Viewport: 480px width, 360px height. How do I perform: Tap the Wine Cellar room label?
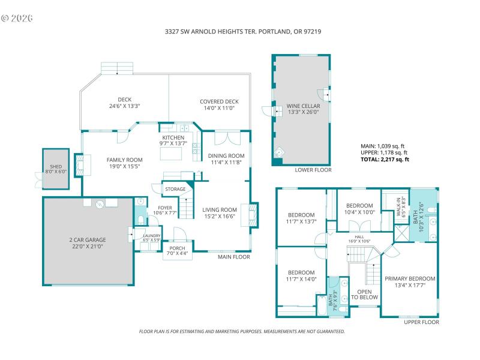pos(302,104)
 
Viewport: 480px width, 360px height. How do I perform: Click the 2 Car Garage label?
pos(88,240)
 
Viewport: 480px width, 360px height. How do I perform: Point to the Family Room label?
pos(124,160)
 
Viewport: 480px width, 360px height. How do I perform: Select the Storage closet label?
pos(175,190)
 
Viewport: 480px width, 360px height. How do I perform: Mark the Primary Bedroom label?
pos(410,278)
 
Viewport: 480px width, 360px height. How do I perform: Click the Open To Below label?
pos(364,294)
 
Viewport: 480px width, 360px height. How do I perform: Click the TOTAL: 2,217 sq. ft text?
pos(384,160)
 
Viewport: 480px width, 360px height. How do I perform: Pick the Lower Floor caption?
pos(313,170)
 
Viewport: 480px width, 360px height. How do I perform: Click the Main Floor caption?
pos(234,257)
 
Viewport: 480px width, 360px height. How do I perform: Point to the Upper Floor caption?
pos(421,322)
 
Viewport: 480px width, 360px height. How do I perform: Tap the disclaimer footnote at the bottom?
pos(241,331)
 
